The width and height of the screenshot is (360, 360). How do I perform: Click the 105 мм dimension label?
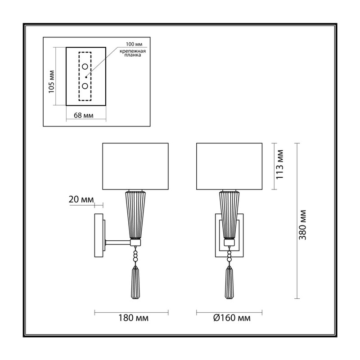(52, 81)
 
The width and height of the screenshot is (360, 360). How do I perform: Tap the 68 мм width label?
(84, 115)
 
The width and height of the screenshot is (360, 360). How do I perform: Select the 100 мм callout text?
(134, 44)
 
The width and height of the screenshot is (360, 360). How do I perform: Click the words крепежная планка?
(133, 53)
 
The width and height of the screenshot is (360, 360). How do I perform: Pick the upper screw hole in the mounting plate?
(85, 67)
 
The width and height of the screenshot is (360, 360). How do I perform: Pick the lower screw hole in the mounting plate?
(85, 86)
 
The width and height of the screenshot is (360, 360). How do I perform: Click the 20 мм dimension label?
(81, 199)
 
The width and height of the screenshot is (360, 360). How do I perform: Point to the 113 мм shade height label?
(280, 164)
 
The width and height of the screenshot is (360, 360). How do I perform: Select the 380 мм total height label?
(302, 225)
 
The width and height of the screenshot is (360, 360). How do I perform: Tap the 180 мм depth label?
(133, 318)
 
